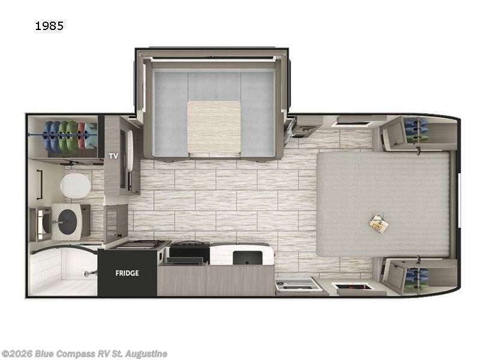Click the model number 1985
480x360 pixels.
coord(50,26)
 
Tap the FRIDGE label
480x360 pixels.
coord(127,273)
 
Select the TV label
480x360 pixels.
coord(112,155)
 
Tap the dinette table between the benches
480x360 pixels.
coord(214,127)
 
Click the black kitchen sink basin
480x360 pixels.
coord(247,257)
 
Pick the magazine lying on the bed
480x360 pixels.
coord(379,223)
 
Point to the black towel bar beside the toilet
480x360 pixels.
coord(38,185)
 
